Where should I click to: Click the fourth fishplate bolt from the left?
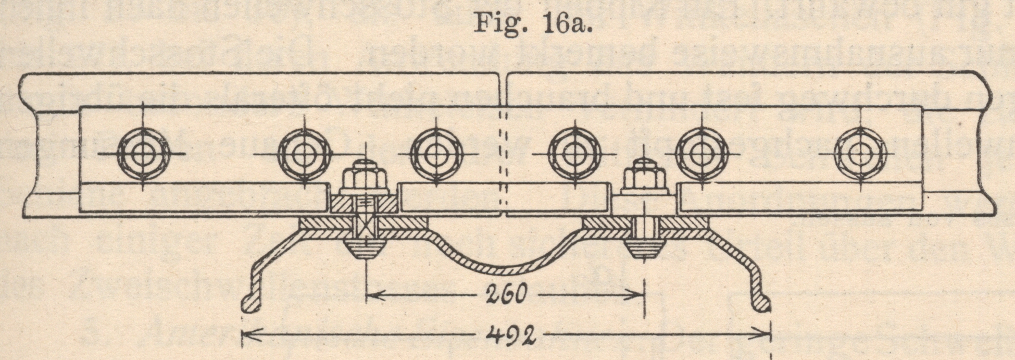tap(573, 154)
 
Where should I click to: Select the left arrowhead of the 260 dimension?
tap(372, 295)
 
